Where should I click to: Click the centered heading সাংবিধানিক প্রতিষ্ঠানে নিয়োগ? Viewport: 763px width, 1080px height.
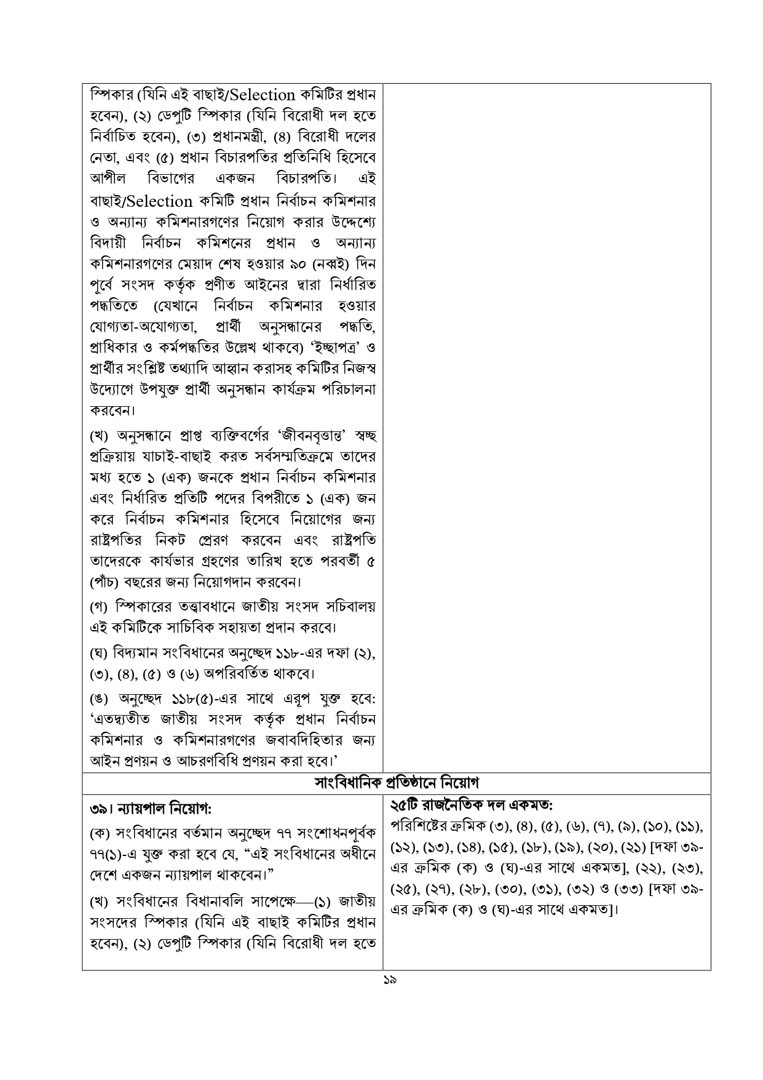[x=397, y=783]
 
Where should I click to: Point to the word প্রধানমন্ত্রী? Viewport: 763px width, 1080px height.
[x=229, y=136]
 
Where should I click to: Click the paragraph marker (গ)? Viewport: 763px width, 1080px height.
[x=99, y=606]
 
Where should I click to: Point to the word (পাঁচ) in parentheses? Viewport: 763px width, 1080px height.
[x=105, y=582]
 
